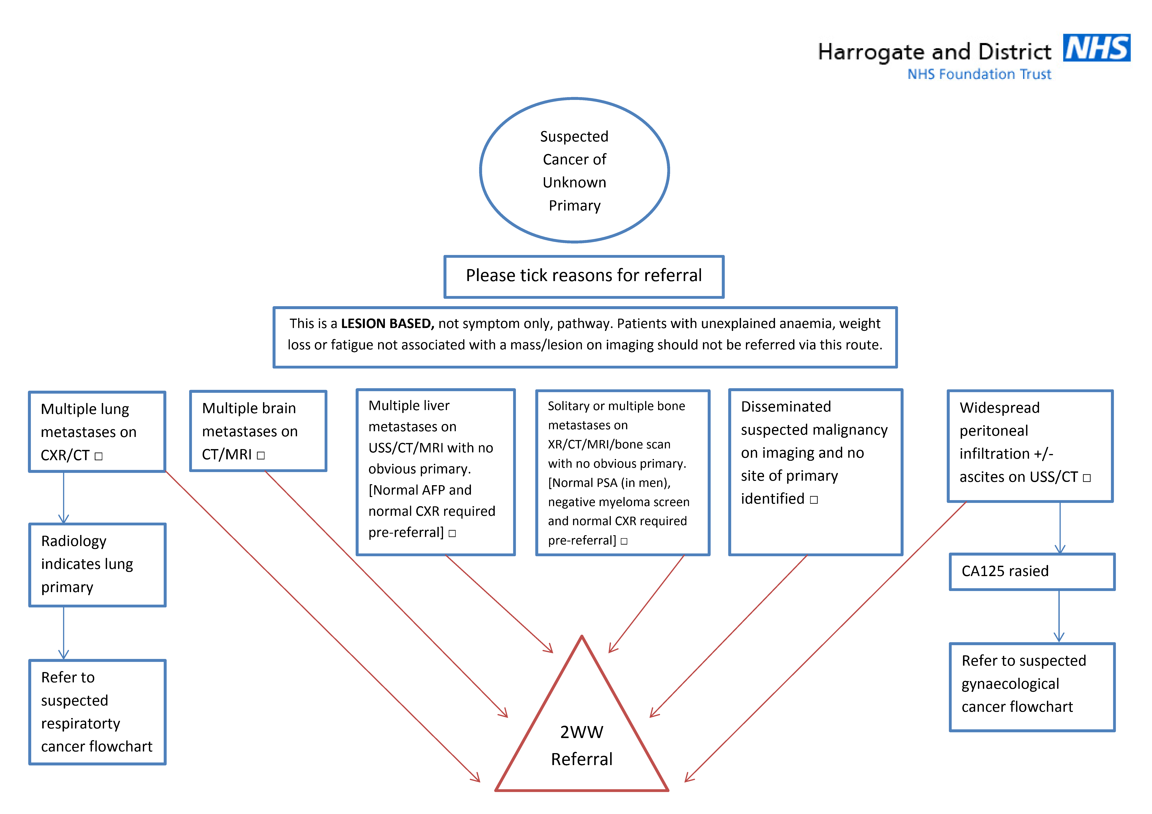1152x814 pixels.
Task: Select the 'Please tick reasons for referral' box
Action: [x=584, y=276]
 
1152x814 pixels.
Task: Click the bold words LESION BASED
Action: [x=387, y=324]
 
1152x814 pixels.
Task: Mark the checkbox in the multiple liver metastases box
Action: [x=452, y=533]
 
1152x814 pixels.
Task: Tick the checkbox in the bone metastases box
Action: [x=624, y=541]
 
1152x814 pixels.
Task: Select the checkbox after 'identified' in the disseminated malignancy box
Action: [x=814, y=499]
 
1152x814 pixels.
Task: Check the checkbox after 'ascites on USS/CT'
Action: [x=1087, y=478]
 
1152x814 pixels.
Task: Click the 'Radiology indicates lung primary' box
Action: [x=97, y=565]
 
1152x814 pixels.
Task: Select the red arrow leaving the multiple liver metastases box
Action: [x=499, y=603]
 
